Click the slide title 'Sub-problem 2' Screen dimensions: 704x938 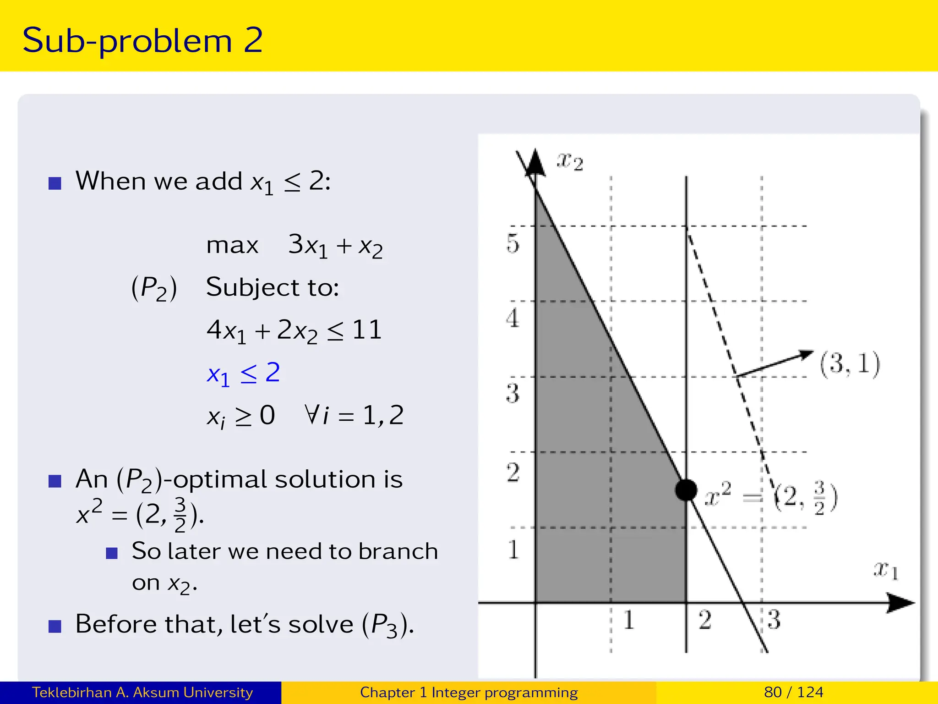(142, 40)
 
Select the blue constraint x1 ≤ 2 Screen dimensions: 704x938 (243, 373)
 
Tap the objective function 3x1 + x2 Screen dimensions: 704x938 (335, 246)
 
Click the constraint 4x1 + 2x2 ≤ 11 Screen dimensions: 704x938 (294, 330)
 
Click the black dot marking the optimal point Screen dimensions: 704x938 (686, 490)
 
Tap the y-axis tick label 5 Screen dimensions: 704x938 (513, 243)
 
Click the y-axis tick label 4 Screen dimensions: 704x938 (513, 318)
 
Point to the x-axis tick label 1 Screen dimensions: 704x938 (628, 620)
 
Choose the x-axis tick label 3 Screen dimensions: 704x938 (774, 620)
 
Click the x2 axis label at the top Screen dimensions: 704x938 (569, 161)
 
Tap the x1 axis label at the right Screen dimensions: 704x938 (885, 571)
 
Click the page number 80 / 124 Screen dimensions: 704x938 (793, 692)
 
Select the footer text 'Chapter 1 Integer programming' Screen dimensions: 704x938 (469, 692)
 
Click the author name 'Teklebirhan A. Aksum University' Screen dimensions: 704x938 (142, 692)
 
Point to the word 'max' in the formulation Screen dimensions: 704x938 (232, 245)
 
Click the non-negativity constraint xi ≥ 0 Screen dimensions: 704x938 (241, 416)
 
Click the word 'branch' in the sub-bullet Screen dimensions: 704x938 (398, 551)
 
